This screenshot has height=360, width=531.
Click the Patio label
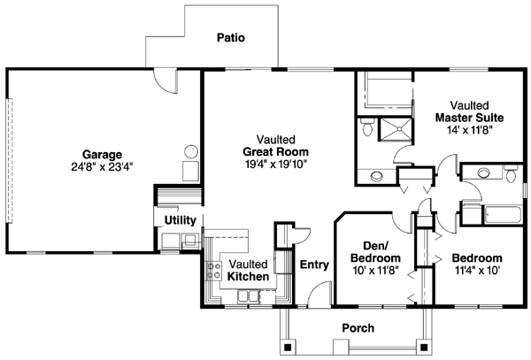tap(230, 38)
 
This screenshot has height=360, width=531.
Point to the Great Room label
tap(273, 151)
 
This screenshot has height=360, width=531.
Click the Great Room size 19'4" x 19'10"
tap(273, 164)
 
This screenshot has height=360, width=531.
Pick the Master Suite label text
tap(470, 117)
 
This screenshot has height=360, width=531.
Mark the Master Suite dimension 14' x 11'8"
tap(470, 129)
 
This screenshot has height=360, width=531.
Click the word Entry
tap(315, 264)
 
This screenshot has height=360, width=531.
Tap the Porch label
tap(358, 328)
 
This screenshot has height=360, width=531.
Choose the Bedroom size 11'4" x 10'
tap(478, 271)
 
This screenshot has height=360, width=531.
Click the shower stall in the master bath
tap(394, 130)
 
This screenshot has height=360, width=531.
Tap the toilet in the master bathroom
tap(367, 129)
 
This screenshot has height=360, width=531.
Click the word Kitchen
tap(248, 277)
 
